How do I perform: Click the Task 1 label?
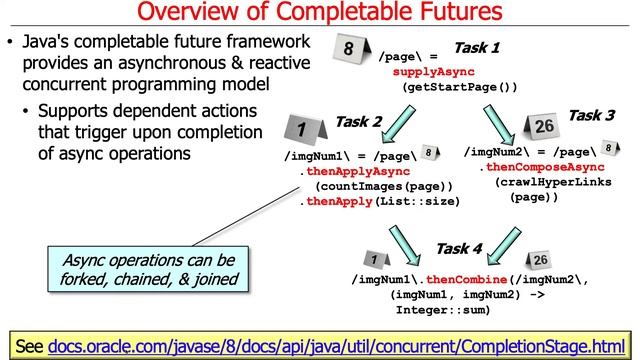[x=476, y=47]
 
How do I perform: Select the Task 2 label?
[x=357, y=122]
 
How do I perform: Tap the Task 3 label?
[x=591, y=116]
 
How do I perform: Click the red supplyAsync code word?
[x=431, y=73]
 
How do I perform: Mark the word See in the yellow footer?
[x=29, y=345]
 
